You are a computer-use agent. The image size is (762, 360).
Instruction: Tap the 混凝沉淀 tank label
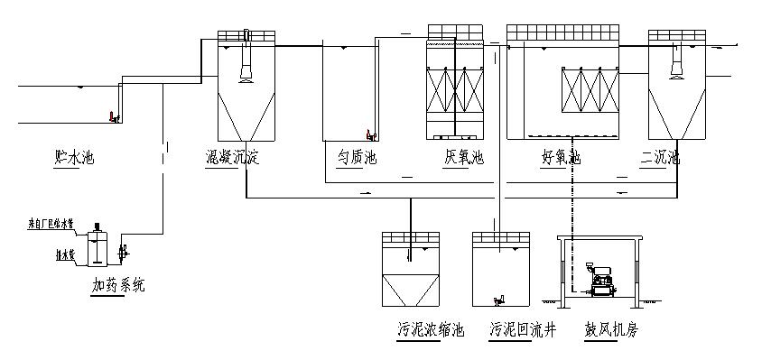click(x=232, y=158)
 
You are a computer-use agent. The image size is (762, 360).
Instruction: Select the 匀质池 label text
click(x=357, y=158)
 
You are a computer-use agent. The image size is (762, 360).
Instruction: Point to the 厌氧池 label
click(x=464, y=158)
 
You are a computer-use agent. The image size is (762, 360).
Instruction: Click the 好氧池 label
click(x=561, y=158)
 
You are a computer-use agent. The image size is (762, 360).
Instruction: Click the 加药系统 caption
click(x=118, y=286)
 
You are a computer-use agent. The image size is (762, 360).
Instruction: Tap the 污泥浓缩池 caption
click(x=431, y=330)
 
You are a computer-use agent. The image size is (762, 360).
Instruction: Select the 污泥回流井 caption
click(x=523, y=330)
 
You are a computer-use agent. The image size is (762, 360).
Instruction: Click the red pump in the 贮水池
click(x=112, y=116)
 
